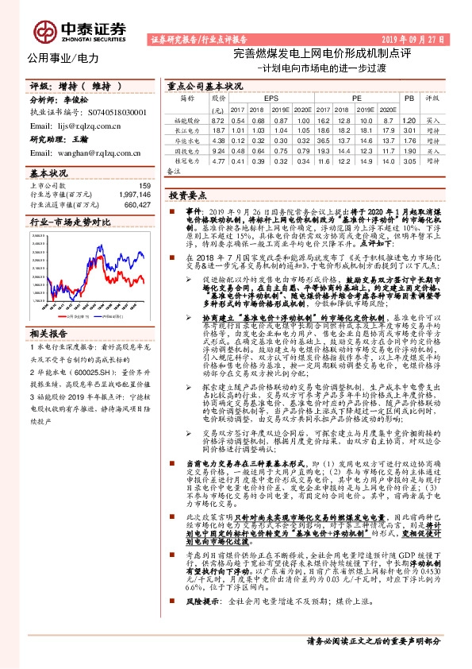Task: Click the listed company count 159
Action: (144, 186)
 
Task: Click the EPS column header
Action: (259, 98)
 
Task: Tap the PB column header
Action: (409, 98)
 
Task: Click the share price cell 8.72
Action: (218, 118)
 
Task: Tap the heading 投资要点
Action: (187, 195)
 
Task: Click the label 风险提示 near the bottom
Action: (201, 625)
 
